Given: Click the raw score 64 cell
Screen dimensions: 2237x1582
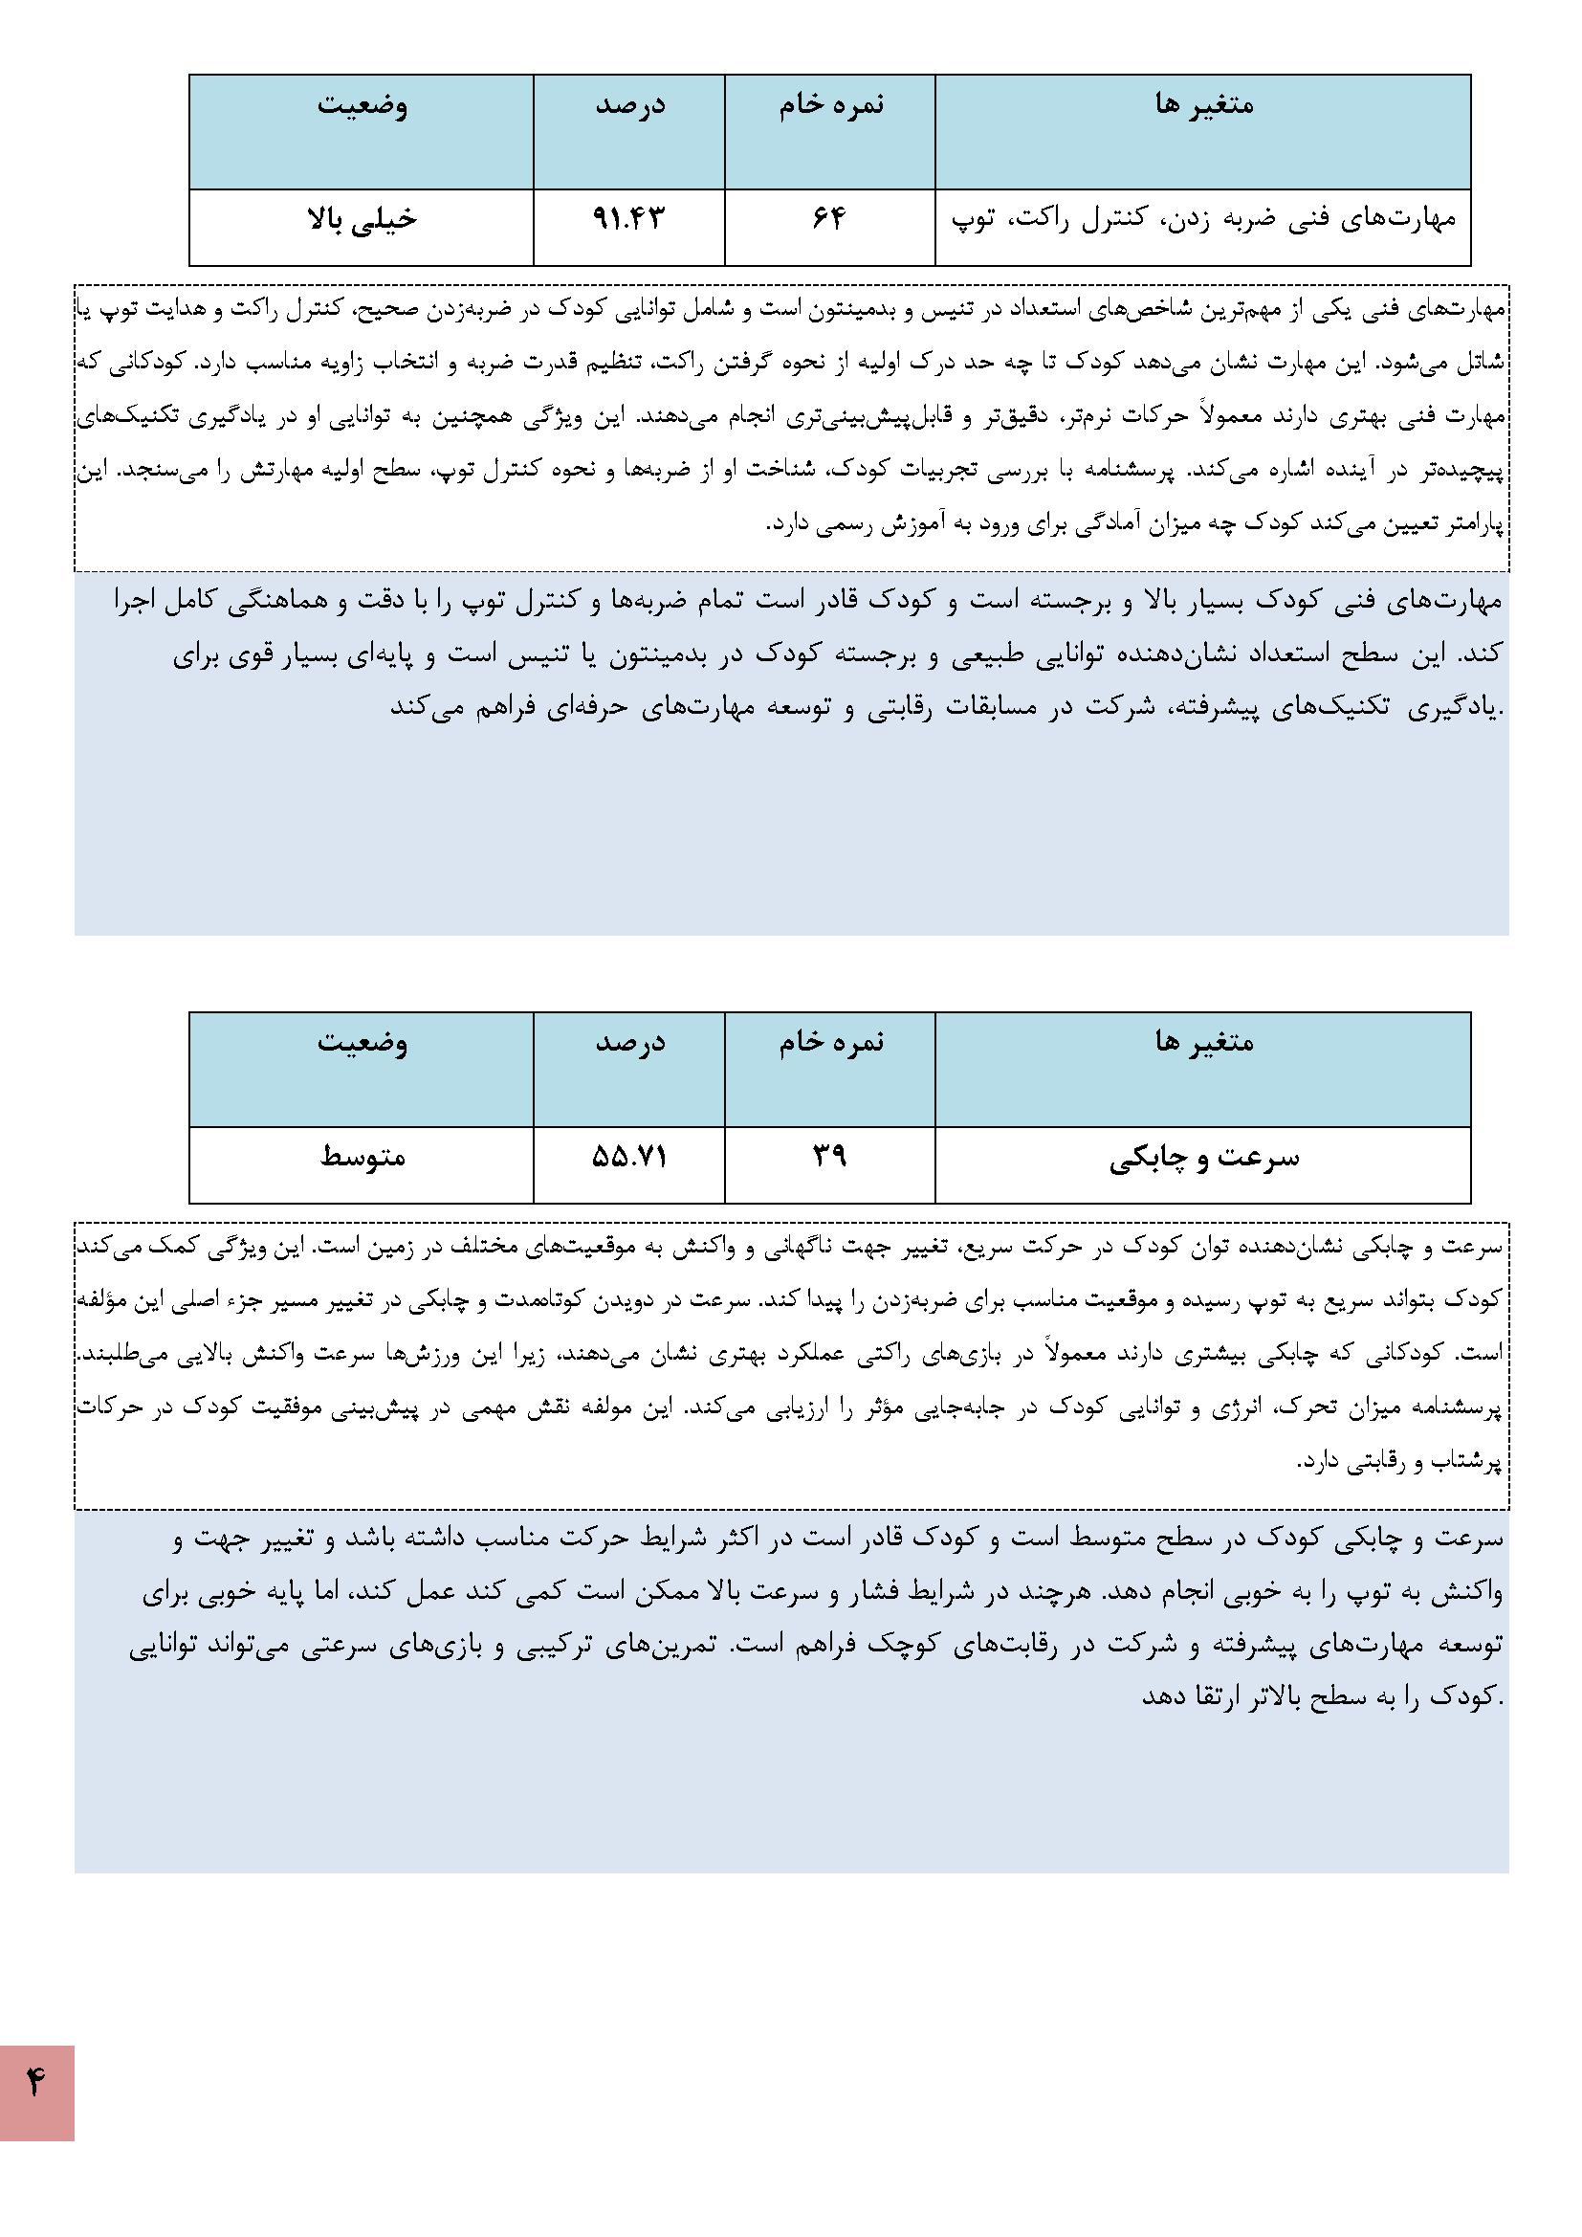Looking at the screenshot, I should pos(829,218).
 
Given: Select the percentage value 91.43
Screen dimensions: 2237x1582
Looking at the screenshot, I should pos(628,218).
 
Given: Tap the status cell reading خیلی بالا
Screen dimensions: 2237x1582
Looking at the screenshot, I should pos(362,218).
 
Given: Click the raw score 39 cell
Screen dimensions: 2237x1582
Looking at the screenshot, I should pos(829,1157).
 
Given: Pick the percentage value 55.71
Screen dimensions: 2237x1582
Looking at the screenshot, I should pos(628,1157).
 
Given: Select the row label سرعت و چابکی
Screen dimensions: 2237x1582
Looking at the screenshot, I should pos(1203,1159).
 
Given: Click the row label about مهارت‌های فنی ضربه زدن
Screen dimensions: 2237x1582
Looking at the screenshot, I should pos(1203,218).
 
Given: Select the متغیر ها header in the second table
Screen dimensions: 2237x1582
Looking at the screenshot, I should pos(1204,1042).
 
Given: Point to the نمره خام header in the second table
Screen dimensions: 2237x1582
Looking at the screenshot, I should pos(831,1042).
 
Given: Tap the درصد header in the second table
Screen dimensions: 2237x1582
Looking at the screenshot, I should pos(629,1042).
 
